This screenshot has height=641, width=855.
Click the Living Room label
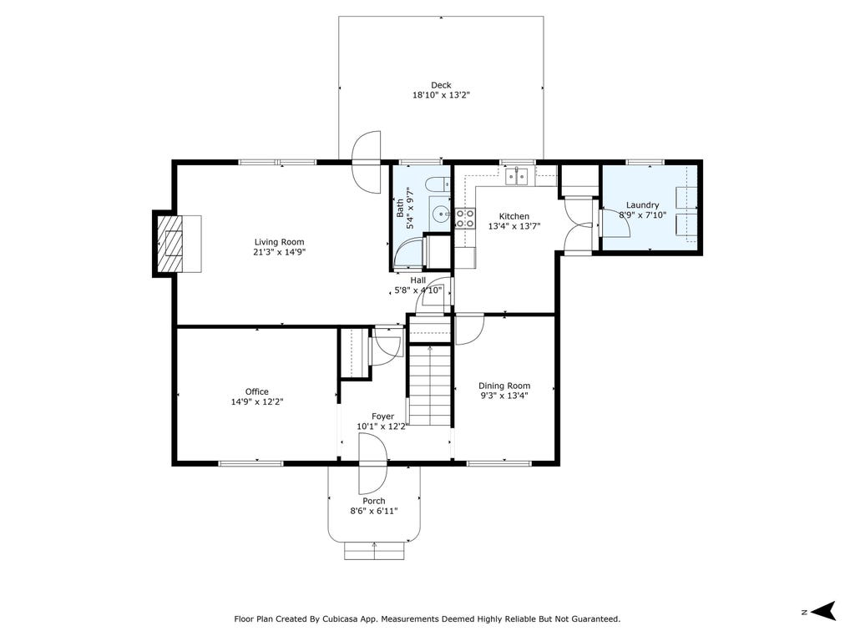(279, 242)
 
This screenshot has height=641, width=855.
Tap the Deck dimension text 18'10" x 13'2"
(441, 95)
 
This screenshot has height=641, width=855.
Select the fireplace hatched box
(170, 244)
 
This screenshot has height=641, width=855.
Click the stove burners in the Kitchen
(465, 218)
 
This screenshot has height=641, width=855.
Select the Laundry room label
(642, 205)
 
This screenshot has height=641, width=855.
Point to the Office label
(257, 391)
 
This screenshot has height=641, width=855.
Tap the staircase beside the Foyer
(430, 385)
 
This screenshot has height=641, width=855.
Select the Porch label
(374, 501)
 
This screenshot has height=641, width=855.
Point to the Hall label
(418, 280)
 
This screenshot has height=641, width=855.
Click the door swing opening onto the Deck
(367, 161)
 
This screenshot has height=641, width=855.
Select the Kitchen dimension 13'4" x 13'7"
(514, 226)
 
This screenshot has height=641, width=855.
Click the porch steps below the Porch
(374, 551)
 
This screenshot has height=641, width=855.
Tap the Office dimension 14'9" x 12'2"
(257, 402)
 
